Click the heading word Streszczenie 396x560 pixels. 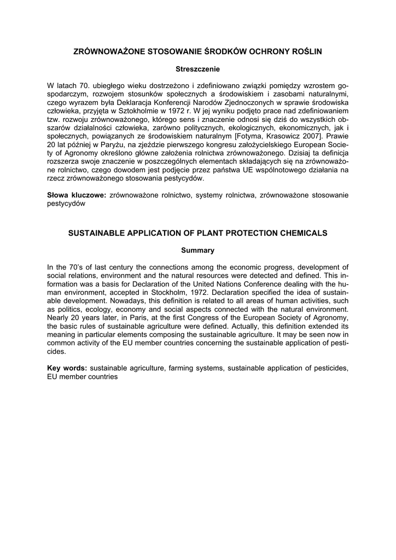[197, 69]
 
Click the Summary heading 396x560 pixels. [197, 250]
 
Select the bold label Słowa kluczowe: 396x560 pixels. [77, 195]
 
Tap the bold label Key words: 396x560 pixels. [67, 369]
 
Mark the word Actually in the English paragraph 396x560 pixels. [219, 326]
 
